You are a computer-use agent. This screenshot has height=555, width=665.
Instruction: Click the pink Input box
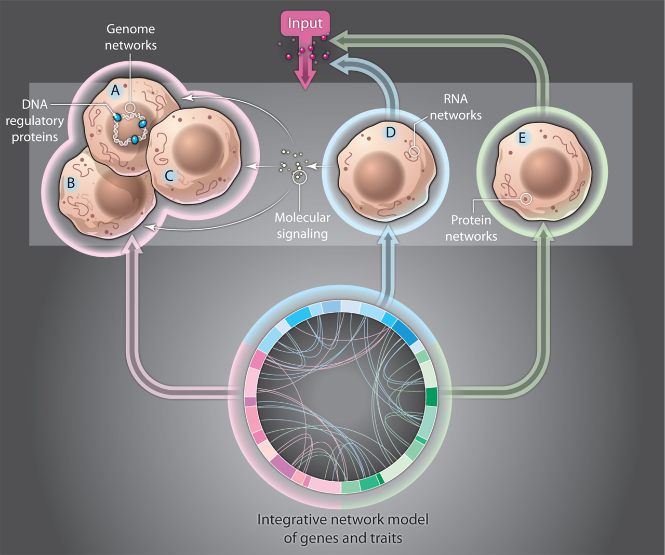tap(305, 23)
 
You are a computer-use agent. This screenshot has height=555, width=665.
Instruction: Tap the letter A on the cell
tap(115, 90)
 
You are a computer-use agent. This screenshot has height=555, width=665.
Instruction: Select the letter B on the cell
tap(71, 183)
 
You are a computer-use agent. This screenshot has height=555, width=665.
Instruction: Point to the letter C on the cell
tap(169, 176)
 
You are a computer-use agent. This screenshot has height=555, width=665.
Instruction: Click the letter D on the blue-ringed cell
tap(391, 133)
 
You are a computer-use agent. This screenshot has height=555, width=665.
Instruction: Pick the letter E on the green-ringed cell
tap(522, 138)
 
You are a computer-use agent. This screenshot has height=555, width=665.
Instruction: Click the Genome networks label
tap(130, 37)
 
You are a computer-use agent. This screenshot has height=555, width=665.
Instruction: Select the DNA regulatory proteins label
tap(35, 121)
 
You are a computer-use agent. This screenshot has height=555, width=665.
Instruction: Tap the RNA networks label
tap(456, 107)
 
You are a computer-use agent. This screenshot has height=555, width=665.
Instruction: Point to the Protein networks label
tap(471, 228)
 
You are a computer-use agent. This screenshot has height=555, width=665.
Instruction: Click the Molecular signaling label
tap(302, 226)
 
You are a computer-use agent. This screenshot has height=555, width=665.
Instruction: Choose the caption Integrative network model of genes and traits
tap(343, 528)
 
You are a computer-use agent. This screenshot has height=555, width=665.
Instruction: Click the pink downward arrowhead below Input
tap(305, 79)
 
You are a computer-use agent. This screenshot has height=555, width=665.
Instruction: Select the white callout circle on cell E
tap(526, 199)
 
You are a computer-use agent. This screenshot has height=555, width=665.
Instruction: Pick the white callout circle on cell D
tap(414, 151)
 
